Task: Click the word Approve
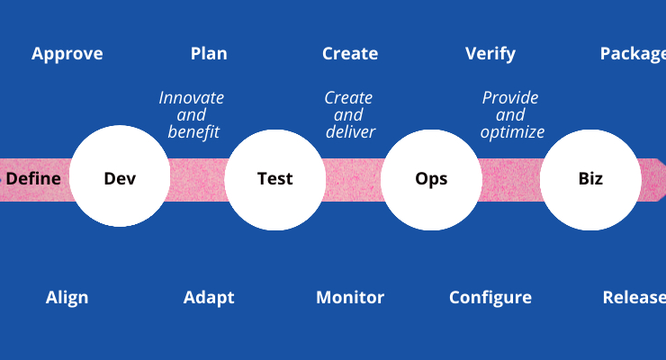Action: point(67,54)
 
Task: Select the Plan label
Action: point(209,53)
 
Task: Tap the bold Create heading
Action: point(350,53)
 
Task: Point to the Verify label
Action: point(490,54)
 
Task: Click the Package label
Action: point(633,54)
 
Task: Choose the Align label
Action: point(67,298)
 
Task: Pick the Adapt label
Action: point(209,298)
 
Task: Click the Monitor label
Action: point(350,297)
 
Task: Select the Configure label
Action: point(490,298)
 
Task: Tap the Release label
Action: point(634,297)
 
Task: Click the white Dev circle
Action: point(120,175)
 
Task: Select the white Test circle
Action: point(275,180)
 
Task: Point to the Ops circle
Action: point(431,180)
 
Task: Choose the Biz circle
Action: point(590,180)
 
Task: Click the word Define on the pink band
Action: point(33,178)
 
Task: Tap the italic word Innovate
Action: point(191,97)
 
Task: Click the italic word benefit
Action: point(193,131)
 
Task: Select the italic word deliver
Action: point(350,131)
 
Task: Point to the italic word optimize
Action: point(512,132)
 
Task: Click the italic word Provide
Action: point(510,97)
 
